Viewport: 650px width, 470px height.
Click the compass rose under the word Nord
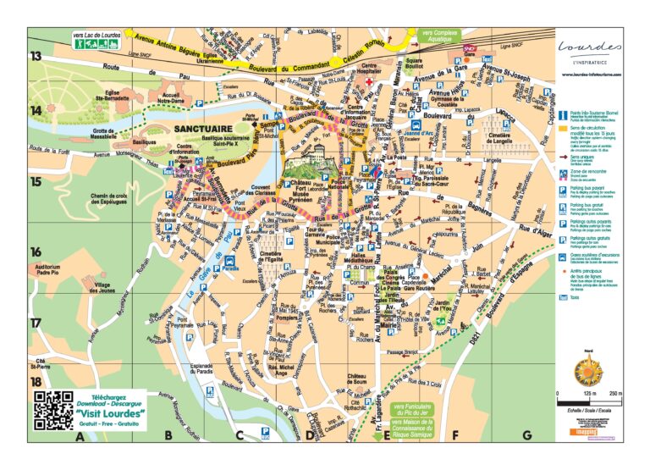tap(588, 371)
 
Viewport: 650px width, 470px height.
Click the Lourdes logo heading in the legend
tap(592, 47)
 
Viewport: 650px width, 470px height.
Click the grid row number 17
tap(36, 323)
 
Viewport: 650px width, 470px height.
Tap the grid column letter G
tap(526, 436)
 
